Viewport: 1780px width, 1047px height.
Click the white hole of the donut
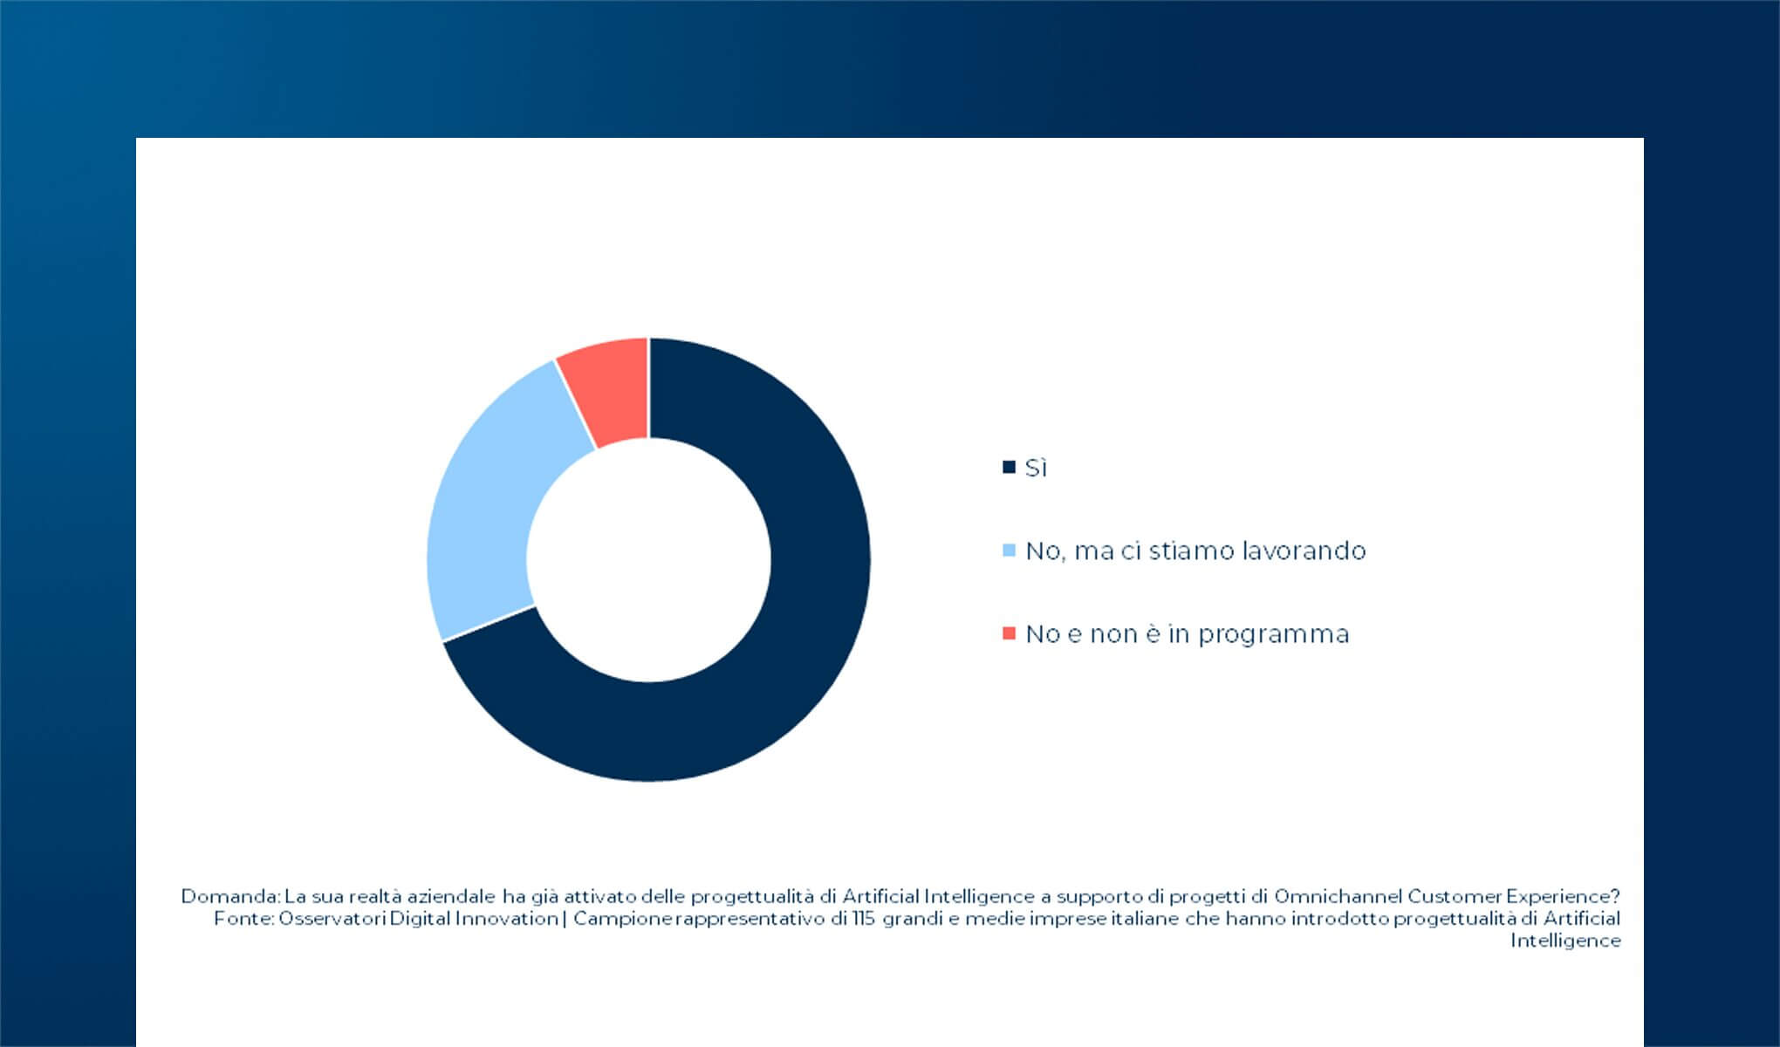click(x=648, y=559)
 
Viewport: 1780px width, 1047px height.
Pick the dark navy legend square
click(x=1010, y=468)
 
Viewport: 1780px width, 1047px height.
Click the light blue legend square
click(x=1010, y=551)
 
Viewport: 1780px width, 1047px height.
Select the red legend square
click(x=1010, y=633)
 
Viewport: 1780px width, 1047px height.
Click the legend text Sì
click(x=1036, y=469)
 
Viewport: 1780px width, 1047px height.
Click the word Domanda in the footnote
click(x=229, y=896)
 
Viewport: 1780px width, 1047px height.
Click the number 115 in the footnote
click(x=864, y=919)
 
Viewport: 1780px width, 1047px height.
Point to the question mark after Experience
click(x=1615, y=896)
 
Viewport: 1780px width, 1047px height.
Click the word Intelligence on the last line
click(x=1565, y=941)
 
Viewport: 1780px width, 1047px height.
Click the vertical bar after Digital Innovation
click(x=565, y=919)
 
